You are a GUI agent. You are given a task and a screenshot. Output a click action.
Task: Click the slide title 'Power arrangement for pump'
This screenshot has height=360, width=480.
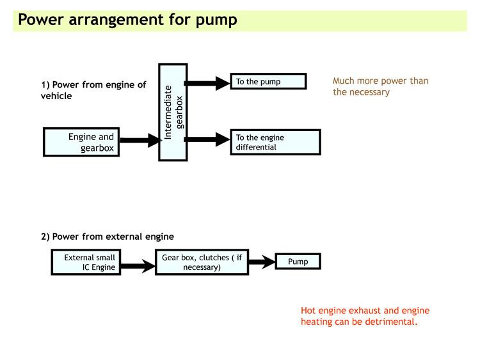127,19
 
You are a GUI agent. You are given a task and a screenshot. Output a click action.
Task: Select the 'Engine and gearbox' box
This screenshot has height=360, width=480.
81,142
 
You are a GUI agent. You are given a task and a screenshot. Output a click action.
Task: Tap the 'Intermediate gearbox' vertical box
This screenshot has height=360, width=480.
173,112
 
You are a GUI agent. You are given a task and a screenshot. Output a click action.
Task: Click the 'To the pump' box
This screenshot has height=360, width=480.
268,81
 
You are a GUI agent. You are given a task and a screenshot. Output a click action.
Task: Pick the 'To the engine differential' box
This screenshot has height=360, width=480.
275,142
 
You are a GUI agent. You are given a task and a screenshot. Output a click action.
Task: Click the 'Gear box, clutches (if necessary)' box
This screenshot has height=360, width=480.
202,262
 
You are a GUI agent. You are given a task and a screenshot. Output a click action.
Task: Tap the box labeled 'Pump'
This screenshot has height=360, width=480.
298,262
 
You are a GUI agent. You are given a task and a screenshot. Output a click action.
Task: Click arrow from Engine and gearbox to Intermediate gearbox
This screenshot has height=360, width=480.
139,141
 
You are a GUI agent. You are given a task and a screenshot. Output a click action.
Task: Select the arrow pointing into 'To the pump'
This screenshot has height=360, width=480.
208,82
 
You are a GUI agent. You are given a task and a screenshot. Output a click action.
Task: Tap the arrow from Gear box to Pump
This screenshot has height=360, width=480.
261,262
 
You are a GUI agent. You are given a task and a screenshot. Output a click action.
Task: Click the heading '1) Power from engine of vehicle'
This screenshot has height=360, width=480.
93,90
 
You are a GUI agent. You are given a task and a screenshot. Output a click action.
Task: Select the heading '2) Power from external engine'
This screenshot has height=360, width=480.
108,237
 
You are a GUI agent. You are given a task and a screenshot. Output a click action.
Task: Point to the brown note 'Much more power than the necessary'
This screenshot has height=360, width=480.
380,86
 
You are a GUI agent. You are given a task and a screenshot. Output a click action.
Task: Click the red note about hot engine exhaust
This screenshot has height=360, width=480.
365,316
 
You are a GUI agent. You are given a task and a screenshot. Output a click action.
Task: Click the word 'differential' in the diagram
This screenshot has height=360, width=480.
256,147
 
